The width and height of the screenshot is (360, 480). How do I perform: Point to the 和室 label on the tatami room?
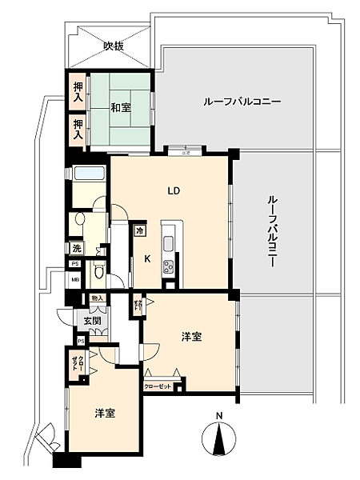[121, 107]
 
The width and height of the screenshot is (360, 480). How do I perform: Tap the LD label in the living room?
[173, 191]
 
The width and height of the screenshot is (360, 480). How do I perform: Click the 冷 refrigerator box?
[139, 230]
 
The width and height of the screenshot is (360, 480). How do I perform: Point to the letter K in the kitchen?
[147, 258]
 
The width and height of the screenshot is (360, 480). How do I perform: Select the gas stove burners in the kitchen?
[170, 267]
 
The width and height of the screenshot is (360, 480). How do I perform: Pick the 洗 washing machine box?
[75, 249]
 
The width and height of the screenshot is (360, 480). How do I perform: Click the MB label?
[75, 280]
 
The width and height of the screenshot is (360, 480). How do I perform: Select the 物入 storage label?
[98, 298]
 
